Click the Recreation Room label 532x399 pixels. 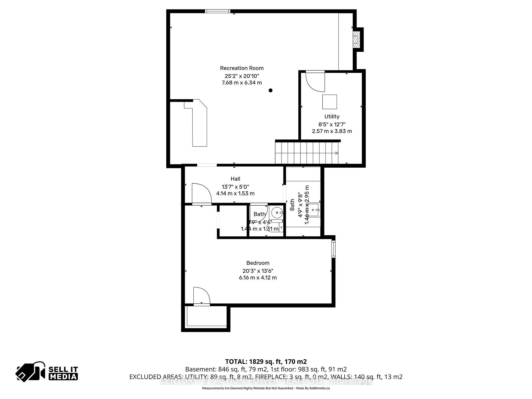[242, 68]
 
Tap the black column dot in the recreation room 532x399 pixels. [270, 90]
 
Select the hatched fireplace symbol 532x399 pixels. [356, 39]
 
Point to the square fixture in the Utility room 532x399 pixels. [329, 102]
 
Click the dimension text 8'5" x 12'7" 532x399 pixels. [332, 124]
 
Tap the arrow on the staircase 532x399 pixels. [336, 153]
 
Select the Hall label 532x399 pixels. [235, 179]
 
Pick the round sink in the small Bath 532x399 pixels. [277, 213]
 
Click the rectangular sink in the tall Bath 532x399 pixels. [314, 210]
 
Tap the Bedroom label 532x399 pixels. [258, 263]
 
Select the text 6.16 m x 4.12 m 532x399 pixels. [258, 278]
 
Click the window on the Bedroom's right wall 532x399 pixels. [333, 249]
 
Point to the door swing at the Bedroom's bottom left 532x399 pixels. [201, 296]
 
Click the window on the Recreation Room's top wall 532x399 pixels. [218, 11]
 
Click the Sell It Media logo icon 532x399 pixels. [30, 371]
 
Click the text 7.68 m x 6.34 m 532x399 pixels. [242, 83]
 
